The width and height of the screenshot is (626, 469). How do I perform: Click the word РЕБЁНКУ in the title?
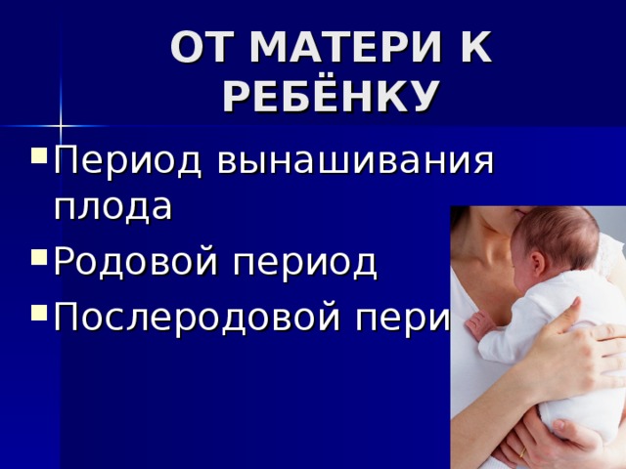pos(330,96)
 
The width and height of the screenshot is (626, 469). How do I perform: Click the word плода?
pos(112,207)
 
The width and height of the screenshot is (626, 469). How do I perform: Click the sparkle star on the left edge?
pos(60,125)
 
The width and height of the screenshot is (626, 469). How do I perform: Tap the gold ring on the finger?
pos(522,452)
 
